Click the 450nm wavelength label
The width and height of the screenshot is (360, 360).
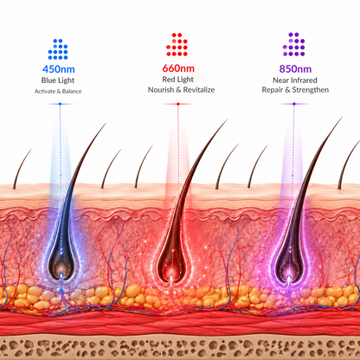coord(59,69)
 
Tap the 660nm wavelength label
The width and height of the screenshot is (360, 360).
coord(178,68)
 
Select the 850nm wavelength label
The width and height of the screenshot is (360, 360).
coord(295,69)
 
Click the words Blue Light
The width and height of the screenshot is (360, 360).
coord(58,80)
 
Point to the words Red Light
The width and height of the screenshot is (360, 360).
coord(178,80)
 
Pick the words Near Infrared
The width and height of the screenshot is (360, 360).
coord(295,80)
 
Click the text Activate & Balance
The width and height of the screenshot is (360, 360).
coord(58,92)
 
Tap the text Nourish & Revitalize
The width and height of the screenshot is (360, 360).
coord(181,90)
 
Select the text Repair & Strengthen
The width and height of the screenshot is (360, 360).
coord(295,90)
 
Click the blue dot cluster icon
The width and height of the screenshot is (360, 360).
coord(58,49)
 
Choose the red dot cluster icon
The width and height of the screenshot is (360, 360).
coord(177,44)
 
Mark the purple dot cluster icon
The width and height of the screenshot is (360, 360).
coord(294,44)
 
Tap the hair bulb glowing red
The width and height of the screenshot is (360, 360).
coord(171,266)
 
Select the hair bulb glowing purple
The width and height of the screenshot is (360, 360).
coord(288,266)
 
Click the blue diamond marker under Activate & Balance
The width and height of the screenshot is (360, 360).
coord(60,104)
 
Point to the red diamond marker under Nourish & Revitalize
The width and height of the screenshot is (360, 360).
coord(178,104)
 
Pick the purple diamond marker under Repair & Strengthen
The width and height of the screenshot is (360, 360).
coord(294,104)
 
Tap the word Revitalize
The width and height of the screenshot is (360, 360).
coord(199,90)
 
